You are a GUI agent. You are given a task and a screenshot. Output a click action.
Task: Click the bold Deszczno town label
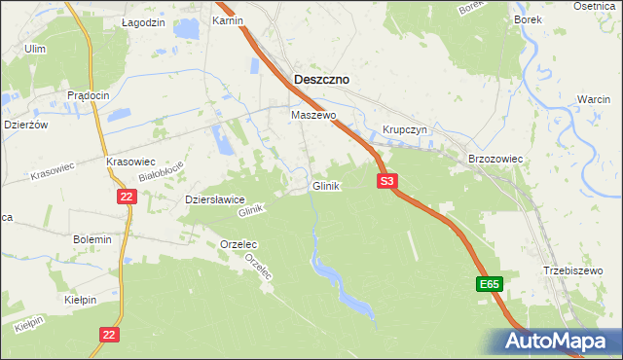[x=322, y=80]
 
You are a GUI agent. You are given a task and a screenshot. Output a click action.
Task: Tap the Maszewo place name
[x=313, y=115]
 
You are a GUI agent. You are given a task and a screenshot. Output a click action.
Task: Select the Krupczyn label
[x=404, y=129]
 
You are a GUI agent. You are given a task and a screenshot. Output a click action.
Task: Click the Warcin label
[x=593, y=101]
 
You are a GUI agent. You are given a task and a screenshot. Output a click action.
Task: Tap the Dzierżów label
[x=23, y=124]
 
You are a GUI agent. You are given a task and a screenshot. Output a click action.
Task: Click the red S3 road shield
[x=387, y=181]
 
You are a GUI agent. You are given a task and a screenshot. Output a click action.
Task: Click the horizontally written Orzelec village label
[x=238, y=243]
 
